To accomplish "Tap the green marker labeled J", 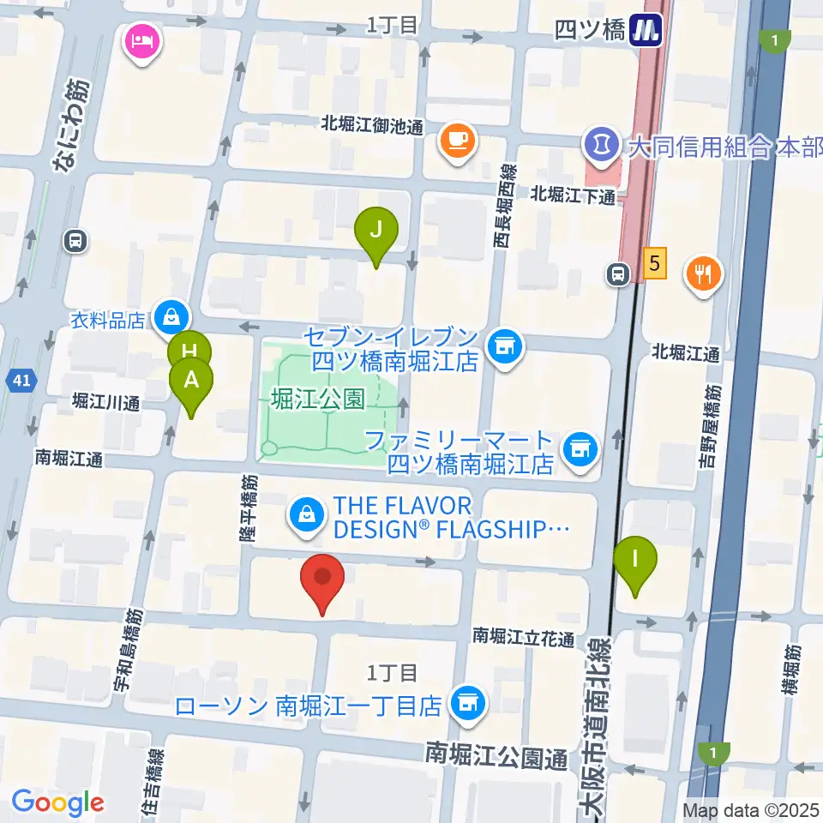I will click(x=376, y=231).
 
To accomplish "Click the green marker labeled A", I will click(x=191, y=381).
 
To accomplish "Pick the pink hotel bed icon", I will click(x=139, y=39).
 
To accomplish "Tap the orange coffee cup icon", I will click(x=457, y=138).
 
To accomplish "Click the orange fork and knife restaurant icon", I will click(x=704, y=274).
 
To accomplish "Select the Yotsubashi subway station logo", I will click(x=647, y=30).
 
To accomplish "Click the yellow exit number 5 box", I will click(x=655, y=263).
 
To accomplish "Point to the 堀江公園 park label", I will click(x=317, y=398).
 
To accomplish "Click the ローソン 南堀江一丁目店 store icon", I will click(x=467, y=704).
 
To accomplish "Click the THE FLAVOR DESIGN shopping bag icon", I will click(x=305, y=514).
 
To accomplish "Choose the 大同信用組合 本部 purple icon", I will click(x=602, y=143).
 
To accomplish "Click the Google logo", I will click(x=57, y=803).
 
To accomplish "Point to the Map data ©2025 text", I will click(x=751, y=809).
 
